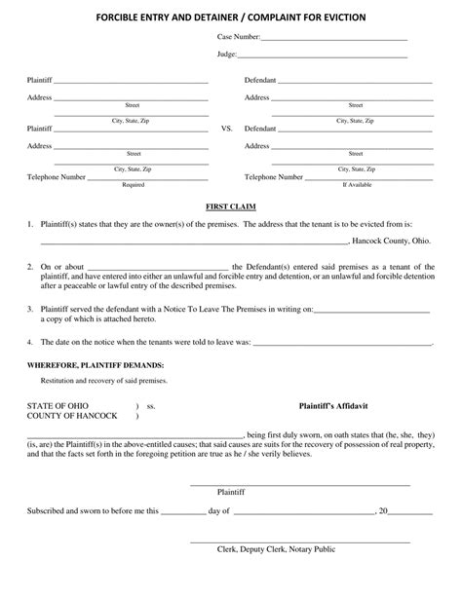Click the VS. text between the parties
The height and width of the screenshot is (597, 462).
point(227,129)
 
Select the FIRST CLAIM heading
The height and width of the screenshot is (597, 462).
point(230,207)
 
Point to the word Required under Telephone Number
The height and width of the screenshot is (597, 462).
point(134,184)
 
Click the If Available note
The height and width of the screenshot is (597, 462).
point(356,184)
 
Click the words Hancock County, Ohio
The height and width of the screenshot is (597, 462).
point(394,241)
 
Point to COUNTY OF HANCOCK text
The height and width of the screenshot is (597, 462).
point(72,416)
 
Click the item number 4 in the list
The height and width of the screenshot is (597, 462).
point(31,343)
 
